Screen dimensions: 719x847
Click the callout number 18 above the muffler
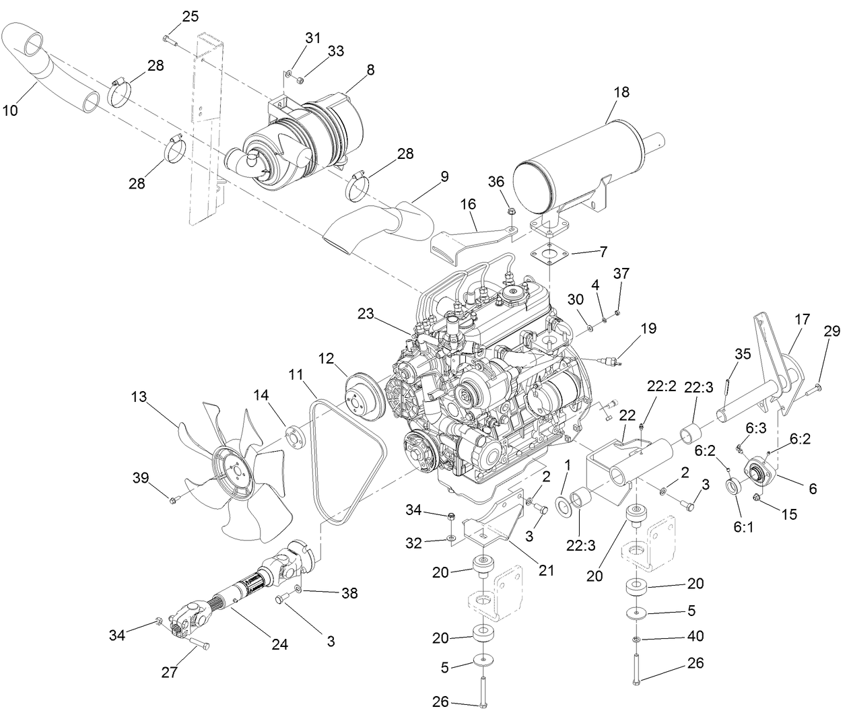621,92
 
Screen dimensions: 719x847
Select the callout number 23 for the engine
366,313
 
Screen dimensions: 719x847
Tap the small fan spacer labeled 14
294,436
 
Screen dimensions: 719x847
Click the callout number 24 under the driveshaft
279,644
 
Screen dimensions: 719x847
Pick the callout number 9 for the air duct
444,177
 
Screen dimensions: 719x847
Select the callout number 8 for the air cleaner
370,69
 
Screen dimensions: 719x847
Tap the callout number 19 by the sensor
648,329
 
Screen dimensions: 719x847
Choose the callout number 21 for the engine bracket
546,570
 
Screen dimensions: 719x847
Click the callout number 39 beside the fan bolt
141,477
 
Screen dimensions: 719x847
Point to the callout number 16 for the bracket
468,204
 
